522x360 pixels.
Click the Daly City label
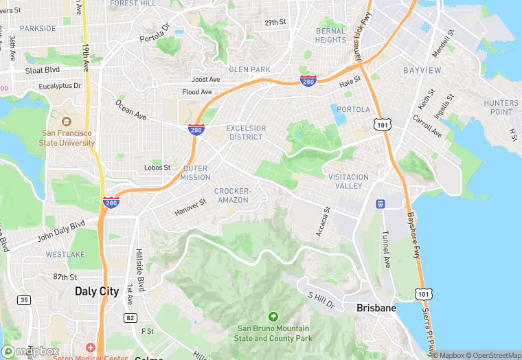(x=97, y=291)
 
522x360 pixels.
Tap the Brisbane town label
(x=376, y=308)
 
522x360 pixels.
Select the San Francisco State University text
(x=68, y=138)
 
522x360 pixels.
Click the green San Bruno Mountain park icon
(x=273, y=317)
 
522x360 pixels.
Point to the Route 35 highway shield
(x=24, y=300)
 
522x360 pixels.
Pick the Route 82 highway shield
(x=130, y=318)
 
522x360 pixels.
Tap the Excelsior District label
(x=245, y=133)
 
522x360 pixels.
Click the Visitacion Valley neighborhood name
(x=348, y=181)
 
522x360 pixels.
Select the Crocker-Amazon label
(x=233, y=195)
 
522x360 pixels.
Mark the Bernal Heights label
(x=330, y=36)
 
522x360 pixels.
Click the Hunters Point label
(x=501, y=107)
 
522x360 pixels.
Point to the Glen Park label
(x=249, y=69)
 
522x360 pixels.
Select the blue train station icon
(x=379, y=204)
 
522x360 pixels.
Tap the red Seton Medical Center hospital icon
(x=90, y=348)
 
